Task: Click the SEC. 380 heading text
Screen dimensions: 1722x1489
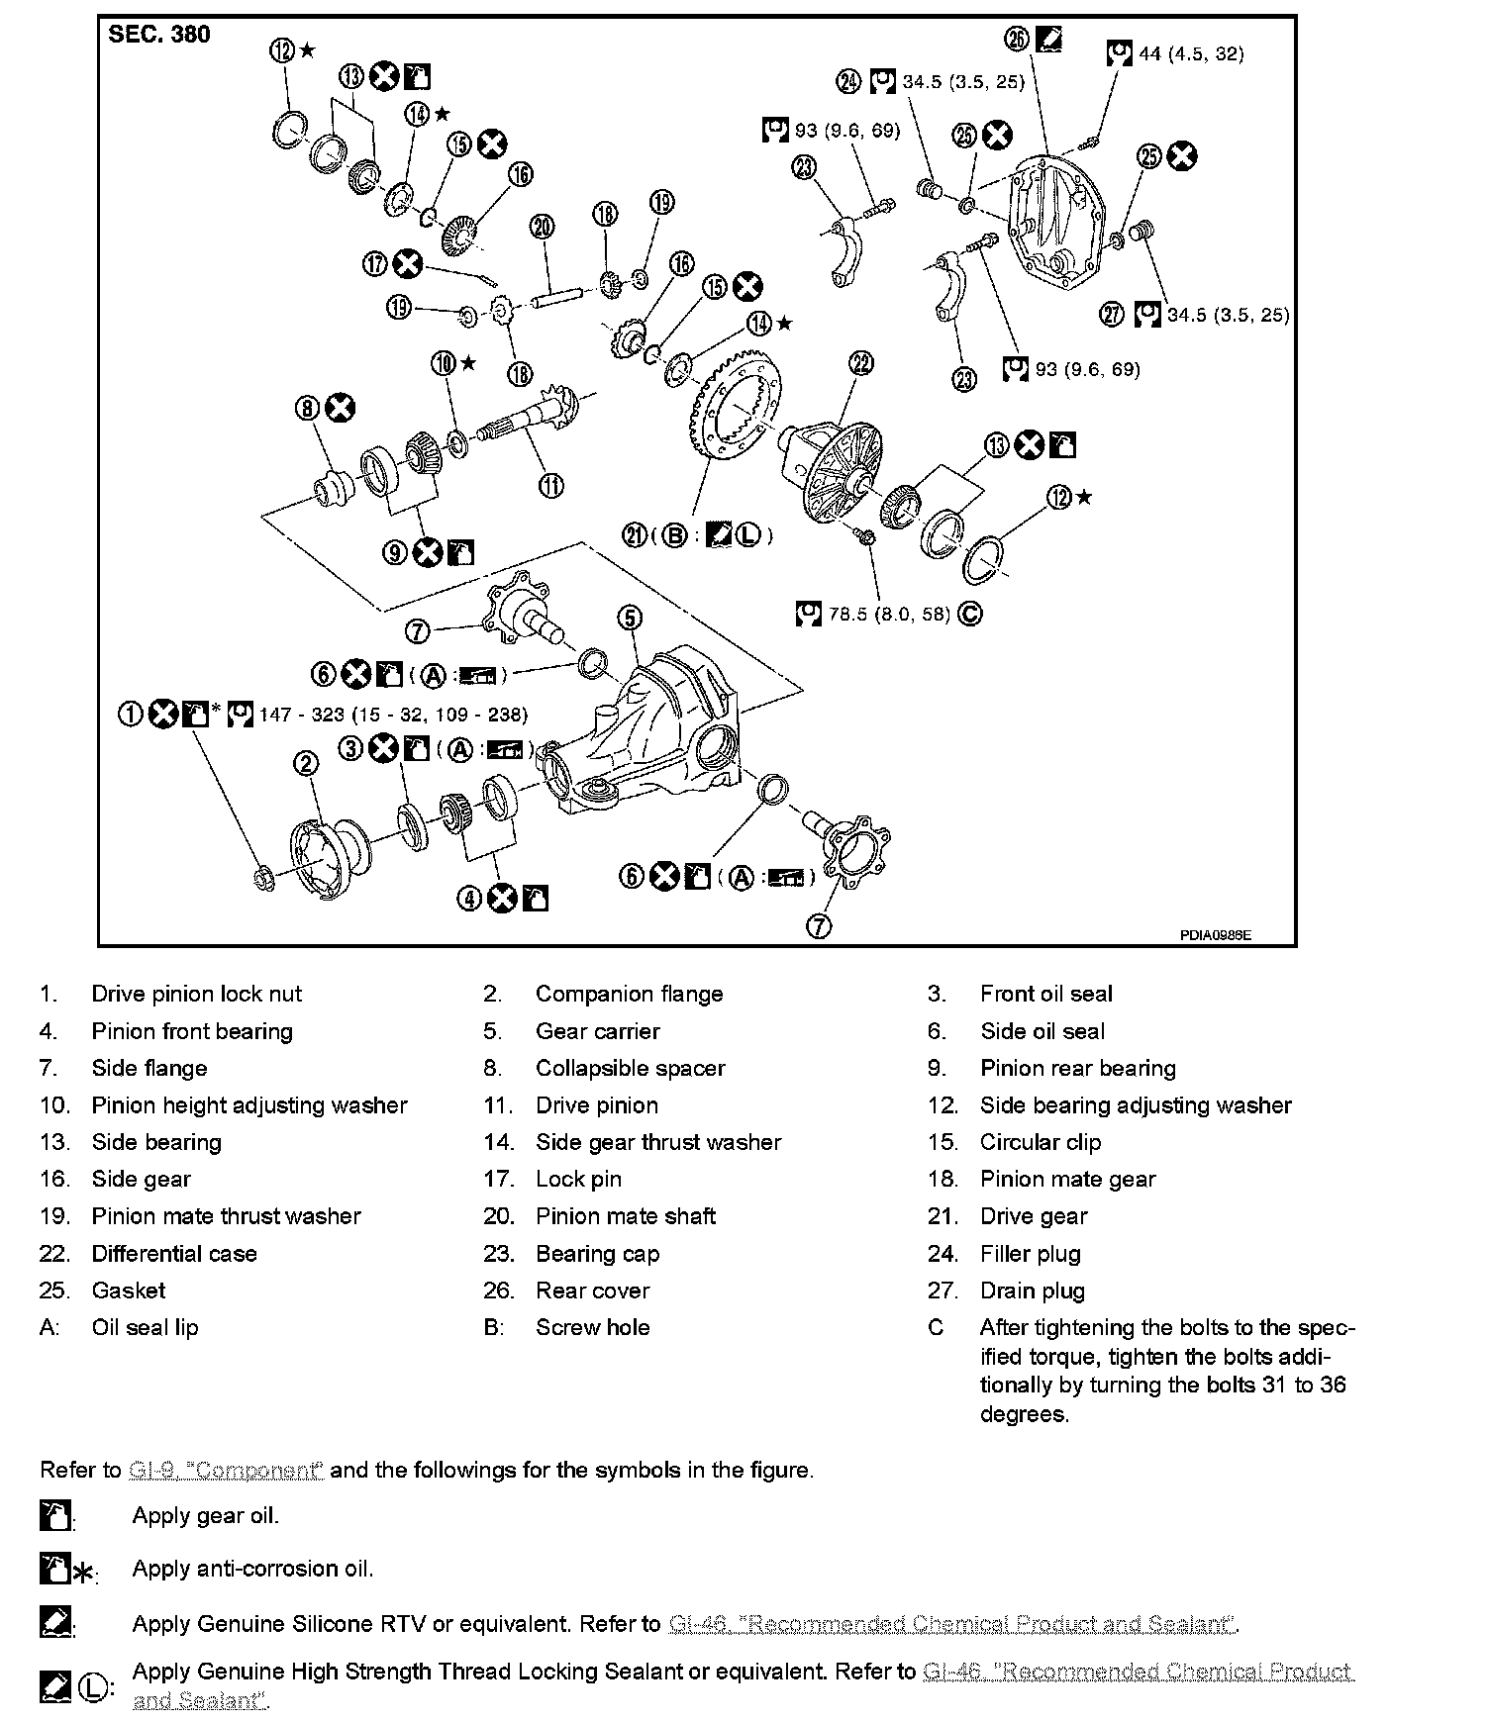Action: click(x=158, y=35)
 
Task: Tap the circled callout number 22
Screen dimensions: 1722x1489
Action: click(x=862, y=363)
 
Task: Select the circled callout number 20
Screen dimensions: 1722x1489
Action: click(x=542, y=227)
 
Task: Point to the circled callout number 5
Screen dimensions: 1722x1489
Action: click(x=630, y=619)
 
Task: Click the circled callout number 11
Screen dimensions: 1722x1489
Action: click(x=551, y=485)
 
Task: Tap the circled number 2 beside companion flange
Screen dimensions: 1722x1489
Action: click(x=307, y=762)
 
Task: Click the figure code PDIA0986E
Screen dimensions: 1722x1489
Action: click(x=1215, y=933)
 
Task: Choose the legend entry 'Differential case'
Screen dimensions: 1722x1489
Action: click(x=174, y=1253)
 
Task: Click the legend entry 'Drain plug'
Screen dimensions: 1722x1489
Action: click(x=1032, y=1291)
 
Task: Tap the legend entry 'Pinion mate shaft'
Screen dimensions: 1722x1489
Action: click(x=625, y=1216)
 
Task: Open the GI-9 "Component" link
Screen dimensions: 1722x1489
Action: click(x=226, y=1471)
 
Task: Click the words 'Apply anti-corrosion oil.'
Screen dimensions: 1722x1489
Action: click(x=252, y=1569)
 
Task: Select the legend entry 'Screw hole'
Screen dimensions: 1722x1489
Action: click(x=592, y=1327)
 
